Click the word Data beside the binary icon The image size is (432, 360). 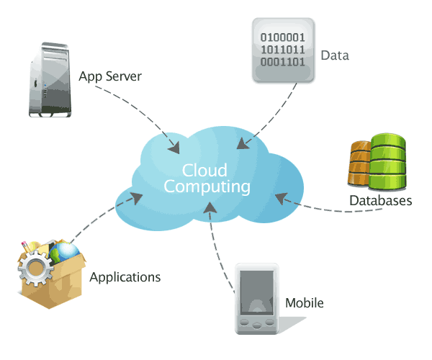[335, 55]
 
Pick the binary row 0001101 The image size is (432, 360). [282, 62]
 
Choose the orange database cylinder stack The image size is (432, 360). [360, 166]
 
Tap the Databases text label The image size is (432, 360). [380, 201]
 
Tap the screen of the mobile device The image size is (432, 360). [256, 292]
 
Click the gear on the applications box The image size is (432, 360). [35, 274]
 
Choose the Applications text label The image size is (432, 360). [125, 276]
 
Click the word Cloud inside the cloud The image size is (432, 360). [204, 171]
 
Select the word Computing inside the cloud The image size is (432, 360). [207, 186]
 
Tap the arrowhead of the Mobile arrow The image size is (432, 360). [210, 207]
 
